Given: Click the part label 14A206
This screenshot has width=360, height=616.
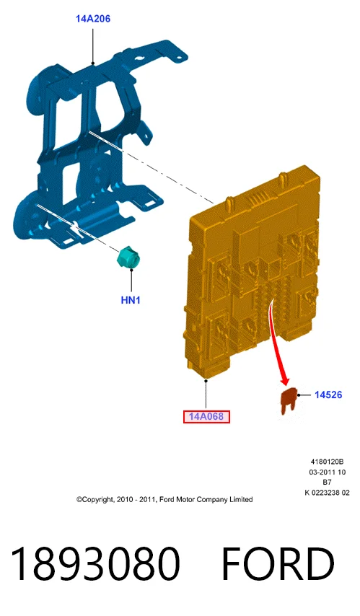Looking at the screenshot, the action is [93, 19].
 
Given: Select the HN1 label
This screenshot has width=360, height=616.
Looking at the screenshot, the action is [131, 300].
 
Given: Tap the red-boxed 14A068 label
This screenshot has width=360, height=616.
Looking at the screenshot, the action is [206, 416].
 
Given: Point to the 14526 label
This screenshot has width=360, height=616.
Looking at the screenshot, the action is [328, 395].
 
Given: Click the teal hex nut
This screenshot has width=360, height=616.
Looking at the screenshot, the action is [129, 258].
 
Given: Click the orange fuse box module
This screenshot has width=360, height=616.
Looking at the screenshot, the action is [252, 271].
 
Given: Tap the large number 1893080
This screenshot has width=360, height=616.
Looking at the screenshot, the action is [95, 564].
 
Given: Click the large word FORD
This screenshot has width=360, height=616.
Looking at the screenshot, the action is [278, 564].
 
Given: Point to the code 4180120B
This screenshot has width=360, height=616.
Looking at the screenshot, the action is [327, 462].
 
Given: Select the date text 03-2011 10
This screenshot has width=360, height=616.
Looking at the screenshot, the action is [327, 472].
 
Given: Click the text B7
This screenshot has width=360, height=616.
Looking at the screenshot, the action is [327, 483].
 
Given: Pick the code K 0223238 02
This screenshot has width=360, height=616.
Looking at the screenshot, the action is [327, 493].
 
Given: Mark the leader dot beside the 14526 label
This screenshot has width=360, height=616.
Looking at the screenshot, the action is [299, 395].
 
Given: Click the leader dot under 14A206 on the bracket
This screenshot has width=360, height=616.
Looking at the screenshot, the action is [93, 63].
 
